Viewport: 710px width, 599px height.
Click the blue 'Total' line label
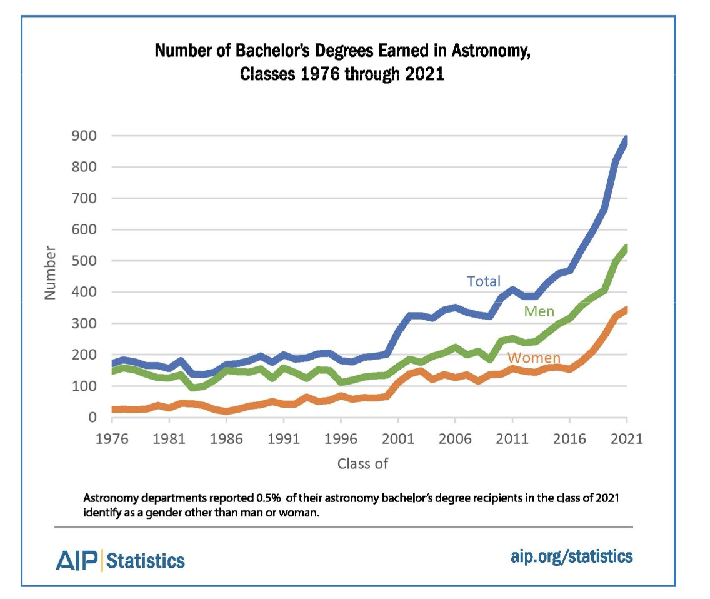(x=484, y=281)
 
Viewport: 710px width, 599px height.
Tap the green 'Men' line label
(x=539, y=311)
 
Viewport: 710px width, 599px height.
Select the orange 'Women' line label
(x=533, y=358)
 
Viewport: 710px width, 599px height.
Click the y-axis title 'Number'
(x=51, y=273)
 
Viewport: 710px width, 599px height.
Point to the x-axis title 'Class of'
(x=363, y=463)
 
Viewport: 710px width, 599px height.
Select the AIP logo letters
(x=77, y=560)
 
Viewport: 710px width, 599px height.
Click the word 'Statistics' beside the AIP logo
(x=146, y=560)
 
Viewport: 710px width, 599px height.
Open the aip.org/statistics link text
(x=571, y=556)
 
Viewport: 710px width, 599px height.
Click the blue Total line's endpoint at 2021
(x=626, y=139)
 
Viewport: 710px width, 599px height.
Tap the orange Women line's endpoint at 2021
(x=626, y=310)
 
